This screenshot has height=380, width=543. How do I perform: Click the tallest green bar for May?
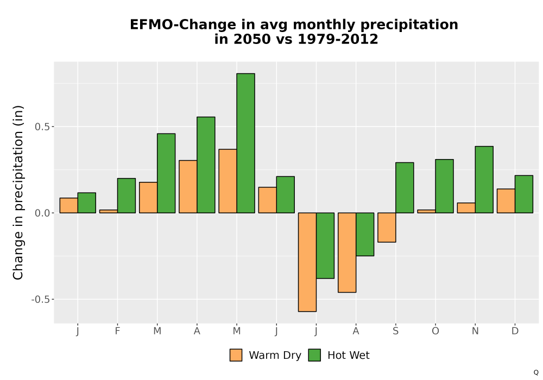click(x=246, y=143)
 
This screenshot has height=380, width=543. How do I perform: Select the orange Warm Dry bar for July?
click(x=307, y=262)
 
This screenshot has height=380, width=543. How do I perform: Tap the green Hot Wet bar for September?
click(x=405, y=188)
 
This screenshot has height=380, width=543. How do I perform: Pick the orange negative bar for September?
click(x=387, y=227)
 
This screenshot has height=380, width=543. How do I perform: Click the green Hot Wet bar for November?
click(x=484, y=180)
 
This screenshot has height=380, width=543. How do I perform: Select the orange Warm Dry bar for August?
click(x=347, y=252)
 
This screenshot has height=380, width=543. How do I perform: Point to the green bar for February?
click(x=127, y=195)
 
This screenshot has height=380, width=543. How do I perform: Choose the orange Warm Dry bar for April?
click(x=188, y=187)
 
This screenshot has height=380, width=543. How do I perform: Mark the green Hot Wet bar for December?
click(x=524, y=194)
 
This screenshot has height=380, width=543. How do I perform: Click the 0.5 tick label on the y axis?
click(x=42, y=126)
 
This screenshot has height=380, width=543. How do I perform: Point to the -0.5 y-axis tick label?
click(x=40, y=299)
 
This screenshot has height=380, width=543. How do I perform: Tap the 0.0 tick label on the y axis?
click(x=42, y=213)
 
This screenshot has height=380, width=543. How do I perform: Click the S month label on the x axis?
click(x=395, y=331)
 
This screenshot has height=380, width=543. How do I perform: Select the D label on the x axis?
click(x=515, y=331)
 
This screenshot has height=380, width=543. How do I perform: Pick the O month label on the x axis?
click(x=435, y=331)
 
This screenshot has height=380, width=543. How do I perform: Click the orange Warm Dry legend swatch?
click(x=236, y=355)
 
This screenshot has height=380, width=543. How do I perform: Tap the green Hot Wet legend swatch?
click(x=314, y=355)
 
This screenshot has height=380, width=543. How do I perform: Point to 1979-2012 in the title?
click(x=338, y=39)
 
